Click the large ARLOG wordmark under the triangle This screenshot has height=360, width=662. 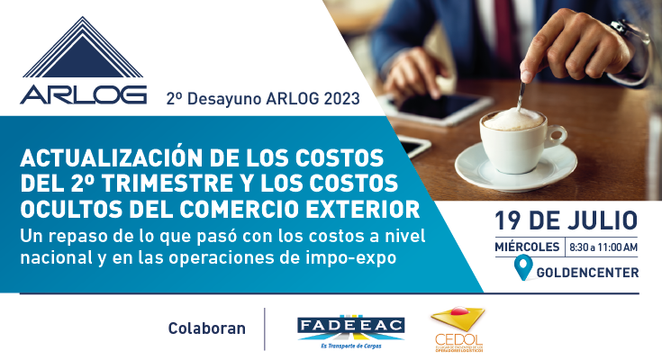(83, 94)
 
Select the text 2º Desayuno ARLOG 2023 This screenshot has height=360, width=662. (262, 97)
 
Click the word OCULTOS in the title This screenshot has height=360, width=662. (71, 210)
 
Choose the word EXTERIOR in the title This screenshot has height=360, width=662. (365, 210)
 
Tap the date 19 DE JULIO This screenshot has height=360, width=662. (566, 220)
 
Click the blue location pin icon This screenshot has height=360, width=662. (522, 269)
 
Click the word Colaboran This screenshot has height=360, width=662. (206, 328)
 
